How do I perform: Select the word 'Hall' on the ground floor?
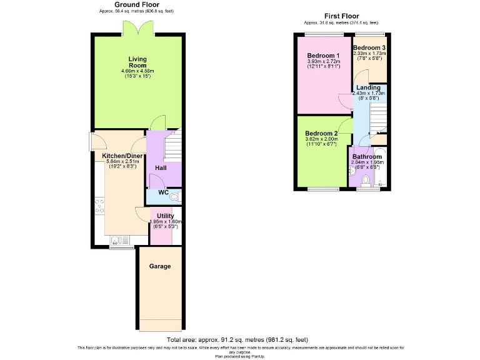click(161, 168)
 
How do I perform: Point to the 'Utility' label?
click(166, 216)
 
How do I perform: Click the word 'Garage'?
click(160, 266)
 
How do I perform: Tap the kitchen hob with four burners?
click(99, 207)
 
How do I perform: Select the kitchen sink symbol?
click(116, 240)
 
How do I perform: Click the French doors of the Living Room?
click(138, 29)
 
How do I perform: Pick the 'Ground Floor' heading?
click(137, 4)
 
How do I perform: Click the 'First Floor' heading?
click(341, 16)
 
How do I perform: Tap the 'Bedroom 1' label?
click(323, 56)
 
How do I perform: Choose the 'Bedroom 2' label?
click(321, 134)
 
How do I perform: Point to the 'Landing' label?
click(368, 87)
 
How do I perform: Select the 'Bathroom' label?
click(367, 156)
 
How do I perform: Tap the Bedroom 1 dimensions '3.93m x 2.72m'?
click(324, 62)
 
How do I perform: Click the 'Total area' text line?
click(237, 339)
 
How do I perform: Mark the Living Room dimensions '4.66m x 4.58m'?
click(137, 71)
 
